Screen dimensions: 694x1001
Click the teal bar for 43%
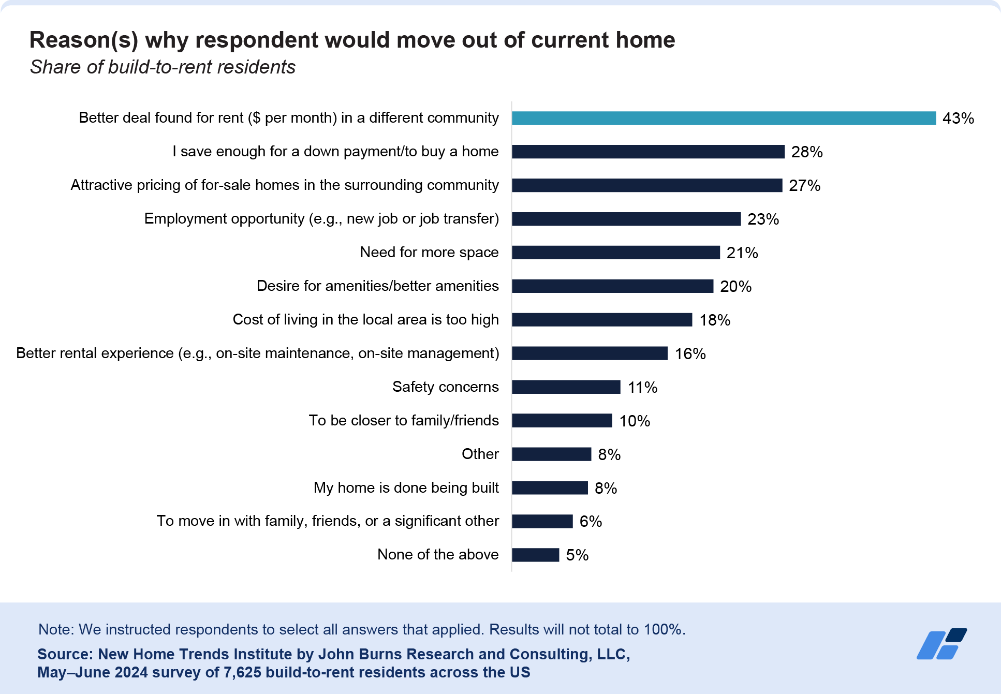724,118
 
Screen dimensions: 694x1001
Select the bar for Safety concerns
566,387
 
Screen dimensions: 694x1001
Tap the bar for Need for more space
615,253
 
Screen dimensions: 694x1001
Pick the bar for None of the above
535,555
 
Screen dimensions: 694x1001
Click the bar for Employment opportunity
626,219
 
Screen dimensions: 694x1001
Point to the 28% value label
806,152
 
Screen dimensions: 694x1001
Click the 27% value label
804,185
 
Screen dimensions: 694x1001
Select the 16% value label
690,353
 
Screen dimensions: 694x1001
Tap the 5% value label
577,555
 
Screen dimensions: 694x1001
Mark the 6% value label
590,521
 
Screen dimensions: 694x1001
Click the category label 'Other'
480,454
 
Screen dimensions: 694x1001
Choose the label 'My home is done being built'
406,488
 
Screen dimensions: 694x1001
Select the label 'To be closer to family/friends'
404,420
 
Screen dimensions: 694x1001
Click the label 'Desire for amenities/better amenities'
377,286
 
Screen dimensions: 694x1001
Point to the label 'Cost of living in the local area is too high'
365,319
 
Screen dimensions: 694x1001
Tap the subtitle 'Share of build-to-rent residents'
163,67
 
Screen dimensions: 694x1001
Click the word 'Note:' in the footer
56,629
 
